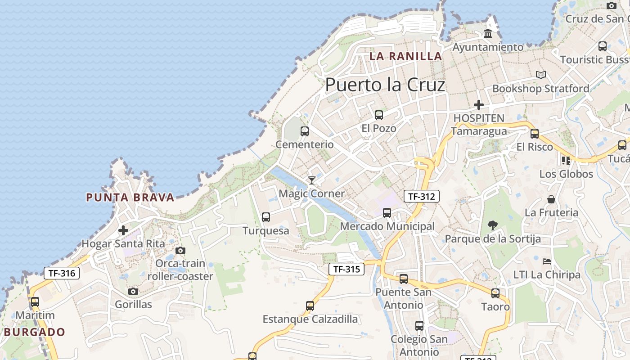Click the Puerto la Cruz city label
(385, 85)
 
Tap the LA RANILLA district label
(406, 56)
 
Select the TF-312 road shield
(421, 196)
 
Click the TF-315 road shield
(346, 270)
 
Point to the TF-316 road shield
(62, 273)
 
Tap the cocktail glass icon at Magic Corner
(311, 180)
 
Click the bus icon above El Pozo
(379, 115)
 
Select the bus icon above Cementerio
(305, 131)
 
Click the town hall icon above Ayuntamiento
(488, 34)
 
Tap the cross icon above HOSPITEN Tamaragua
(479, 105)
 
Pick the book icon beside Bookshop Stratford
(541, 75)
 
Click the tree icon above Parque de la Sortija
(493, 225)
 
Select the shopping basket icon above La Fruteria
(551, 199)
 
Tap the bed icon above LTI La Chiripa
(547, 261)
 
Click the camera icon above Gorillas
(133, 292)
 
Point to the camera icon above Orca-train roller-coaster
(180, 251)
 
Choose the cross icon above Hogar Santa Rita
(123, 231)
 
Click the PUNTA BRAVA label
(130, 198)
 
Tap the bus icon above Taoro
(495, 293)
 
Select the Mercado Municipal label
(387, 226)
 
